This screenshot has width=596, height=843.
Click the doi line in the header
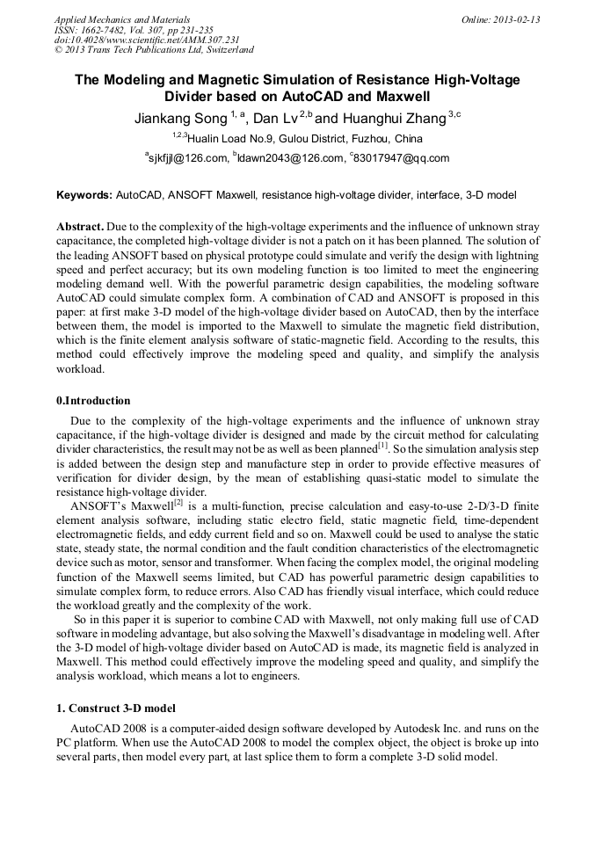pyautogui.click(x=146, y=40)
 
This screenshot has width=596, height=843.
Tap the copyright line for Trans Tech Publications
pyautogui.click(x=154, y=50)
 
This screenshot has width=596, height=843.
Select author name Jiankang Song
pyautogui.click(x=178, y=118)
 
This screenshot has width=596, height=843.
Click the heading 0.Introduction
pyautogui.click(x=93, y=401)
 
